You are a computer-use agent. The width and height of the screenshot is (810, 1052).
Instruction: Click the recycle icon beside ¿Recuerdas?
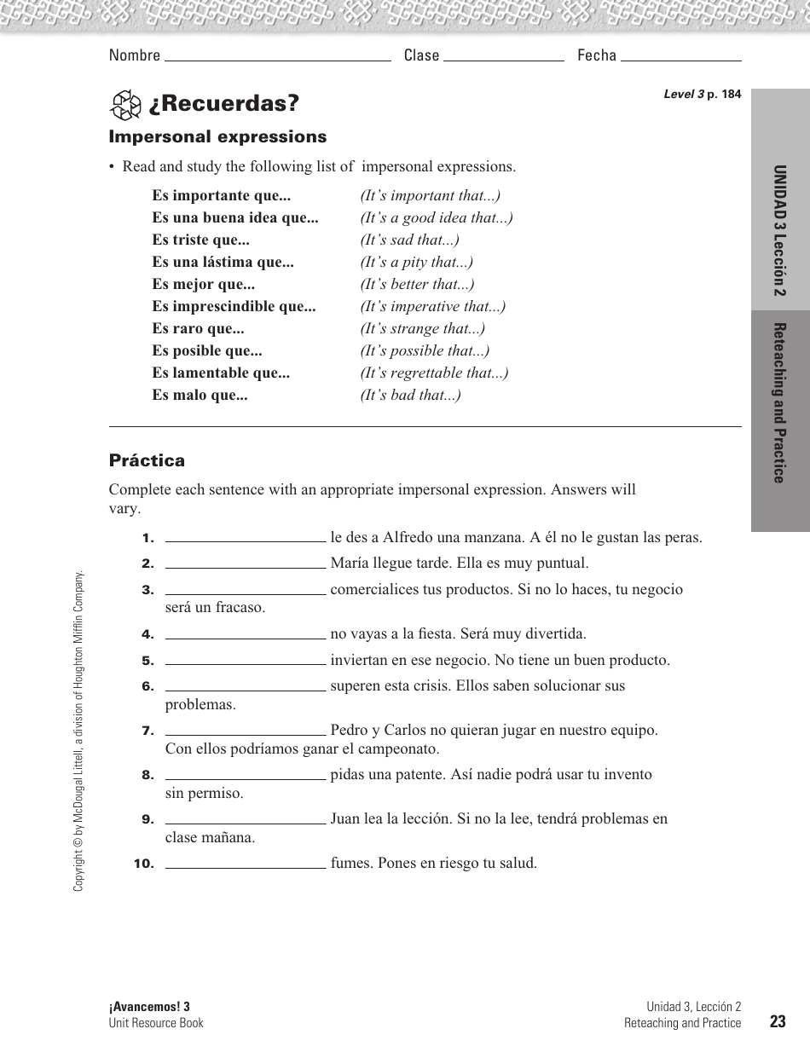click(125, 105)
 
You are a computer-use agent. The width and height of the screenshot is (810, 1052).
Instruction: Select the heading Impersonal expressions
click(217, 136)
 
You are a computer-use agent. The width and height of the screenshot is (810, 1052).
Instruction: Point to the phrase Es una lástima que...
click(223, 263)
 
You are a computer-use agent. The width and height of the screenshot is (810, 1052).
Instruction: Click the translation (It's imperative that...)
click(432, 307)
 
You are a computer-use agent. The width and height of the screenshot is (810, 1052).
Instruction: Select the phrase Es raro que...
click(198, 329)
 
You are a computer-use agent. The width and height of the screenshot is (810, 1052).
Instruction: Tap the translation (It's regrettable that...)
click(434, 373)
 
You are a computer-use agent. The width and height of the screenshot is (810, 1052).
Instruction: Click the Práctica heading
click(147, 460)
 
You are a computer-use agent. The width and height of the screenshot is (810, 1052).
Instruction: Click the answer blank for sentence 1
click(246, 539)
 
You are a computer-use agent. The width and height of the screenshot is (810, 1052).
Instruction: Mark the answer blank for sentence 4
click(246, 635)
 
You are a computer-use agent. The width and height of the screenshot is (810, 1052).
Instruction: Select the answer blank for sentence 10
click(246, 864)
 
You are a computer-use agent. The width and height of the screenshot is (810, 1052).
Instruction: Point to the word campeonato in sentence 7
click(402, 749)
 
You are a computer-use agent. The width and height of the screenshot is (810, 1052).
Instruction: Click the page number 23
click(776, 1022)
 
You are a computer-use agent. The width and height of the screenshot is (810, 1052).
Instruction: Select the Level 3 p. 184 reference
click(702, 95)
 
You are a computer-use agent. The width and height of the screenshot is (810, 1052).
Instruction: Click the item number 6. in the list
click(148, 686)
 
